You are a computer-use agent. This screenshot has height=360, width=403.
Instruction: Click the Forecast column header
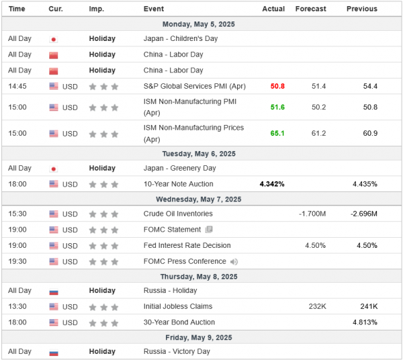[310, 9]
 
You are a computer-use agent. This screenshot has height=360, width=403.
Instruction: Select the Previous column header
[361, 9]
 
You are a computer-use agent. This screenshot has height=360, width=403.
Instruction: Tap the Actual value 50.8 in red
[277, 86]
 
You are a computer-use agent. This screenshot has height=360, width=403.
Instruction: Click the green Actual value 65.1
[277, 133]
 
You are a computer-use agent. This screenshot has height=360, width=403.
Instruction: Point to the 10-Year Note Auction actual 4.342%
[272, 184]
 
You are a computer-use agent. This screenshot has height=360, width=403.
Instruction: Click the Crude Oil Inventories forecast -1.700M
[312, 214]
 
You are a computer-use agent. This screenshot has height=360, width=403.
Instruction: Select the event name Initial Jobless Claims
[178, 306]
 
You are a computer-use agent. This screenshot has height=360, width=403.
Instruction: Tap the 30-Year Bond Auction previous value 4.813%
[364, 322]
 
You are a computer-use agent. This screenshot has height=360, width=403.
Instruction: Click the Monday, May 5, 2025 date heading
[201, 24]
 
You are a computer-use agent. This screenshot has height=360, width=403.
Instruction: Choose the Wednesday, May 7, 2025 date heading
[201, 199]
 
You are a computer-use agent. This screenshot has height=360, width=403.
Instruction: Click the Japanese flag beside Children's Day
[54, 39]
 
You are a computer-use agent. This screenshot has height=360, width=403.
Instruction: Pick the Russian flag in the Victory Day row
[54, 352]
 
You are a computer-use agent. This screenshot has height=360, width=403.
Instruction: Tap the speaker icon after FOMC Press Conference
[234, 262]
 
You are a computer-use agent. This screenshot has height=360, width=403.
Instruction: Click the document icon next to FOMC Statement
[209, 230]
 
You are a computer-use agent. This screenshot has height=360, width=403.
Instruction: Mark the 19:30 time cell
[17, 261]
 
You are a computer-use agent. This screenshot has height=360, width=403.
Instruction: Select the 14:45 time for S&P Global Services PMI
[17, 86]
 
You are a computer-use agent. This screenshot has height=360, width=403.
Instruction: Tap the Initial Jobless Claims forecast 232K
[317, 306]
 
